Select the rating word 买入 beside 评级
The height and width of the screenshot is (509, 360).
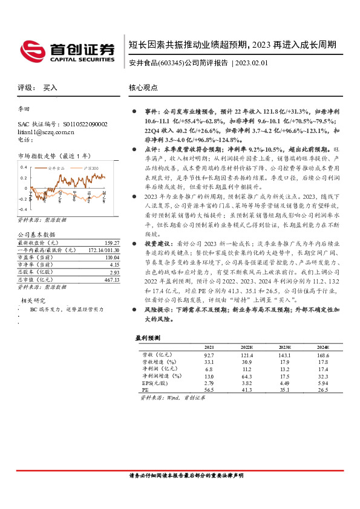click(x=50, y=88)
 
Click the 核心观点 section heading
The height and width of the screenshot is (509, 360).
click(x=143, y=88)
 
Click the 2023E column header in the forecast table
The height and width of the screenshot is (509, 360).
click(x=284, y=347)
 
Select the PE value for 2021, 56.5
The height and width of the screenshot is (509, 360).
click(x=209, y=391)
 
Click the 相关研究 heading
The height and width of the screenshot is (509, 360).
click(x=35, y=283)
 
